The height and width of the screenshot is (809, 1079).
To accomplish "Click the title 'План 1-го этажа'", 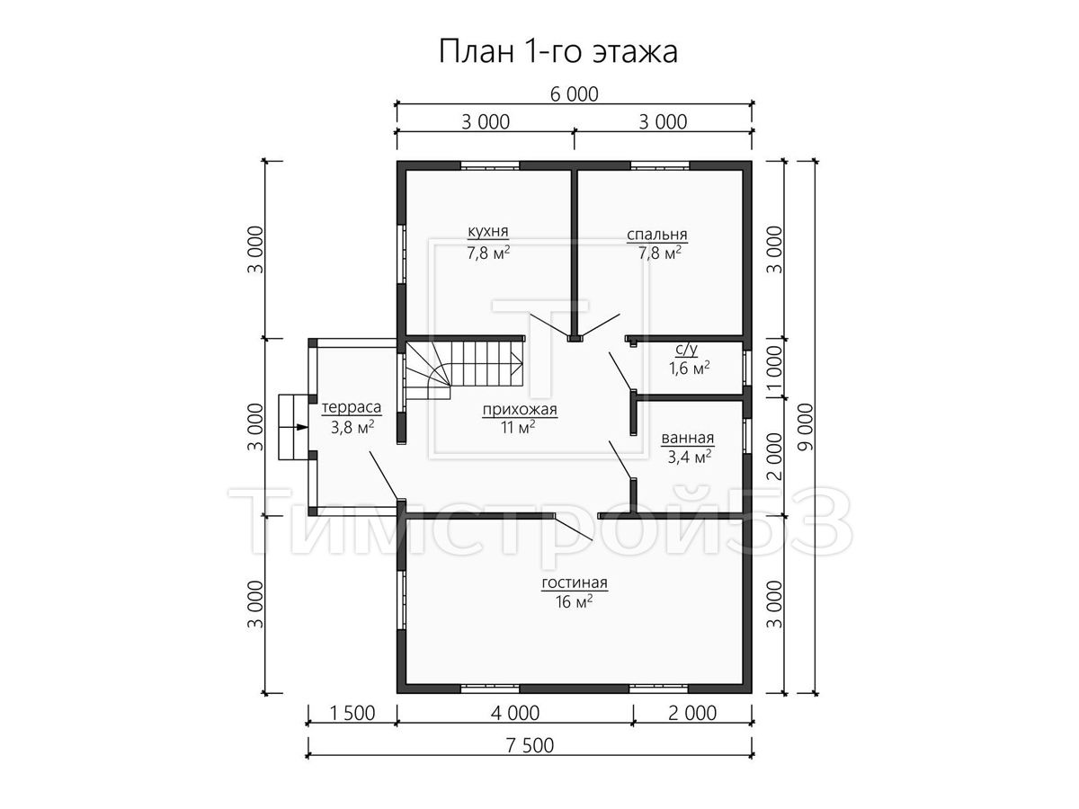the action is click(557, 51).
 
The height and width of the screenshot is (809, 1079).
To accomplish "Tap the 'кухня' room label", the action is click(487, 230).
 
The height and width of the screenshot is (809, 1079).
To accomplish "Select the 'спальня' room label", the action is click(656, 235).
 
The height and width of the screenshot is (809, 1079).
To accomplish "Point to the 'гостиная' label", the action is click(575, 582).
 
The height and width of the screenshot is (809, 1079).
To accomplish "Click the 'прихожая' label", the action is click(520, 409).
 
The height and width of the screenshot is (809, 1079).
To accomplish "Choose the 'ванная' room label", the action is click(687, 437).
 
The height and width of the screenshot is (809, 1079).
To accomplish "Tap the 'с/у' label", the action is click(686, 350).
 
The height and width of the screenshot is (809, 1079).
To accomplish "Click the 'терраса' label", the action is click(352, 407).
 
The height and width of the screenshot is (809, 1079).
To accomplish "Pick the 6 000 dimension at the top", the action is click(575, 94).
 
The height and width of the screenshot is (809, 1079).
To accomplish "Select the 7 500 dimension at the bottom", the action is click(530, 746).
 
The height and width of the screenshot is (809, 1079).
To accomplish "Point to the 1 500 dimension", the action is click(352, 713).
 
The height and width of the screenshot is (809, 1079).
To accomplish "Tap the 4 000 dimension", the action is click(515, 713).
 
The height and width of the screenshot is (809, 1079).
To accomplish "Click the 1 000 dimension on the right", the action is click(774, 368).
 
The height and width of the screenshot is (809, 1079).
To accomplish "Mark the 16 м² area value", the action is click(575, 601).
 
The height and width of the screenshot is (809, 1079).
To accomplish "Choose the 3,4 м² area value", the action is click(689, 457).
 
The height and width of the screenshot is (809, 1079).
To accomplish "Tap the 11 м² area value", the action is click(518, 427).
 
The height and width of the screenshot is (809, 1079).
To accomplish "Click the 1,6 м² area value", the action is click(689, 368).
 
